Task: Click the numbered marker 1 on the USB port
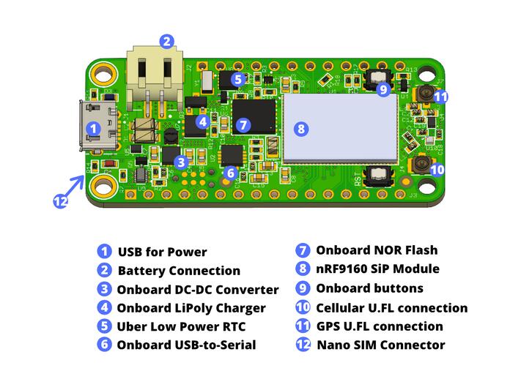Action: (x=93, y=127)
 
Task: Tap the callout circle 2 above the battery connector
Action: (x=167, y=41)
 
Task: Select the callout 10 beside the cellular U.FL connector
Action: (x=437, y=170)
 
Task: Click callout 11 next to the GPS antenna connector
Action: (x=440, y=96)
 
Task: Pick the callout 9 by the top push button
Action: (x=383, y=89)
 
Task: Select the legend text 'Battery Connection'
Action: (x=179, y=271)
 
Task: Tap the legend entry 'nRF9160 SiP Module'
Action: (x=377, y=269)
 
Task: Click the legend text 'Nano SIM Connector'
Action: (x=380, y=345)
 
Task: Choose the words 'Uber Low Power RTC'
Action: (x=181, y=326)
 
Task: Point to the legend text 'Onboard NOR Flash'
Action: (x=376, y=250)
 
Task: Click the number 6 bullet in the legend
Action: (x=104, y=345)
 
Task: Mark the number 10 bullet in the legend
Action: (x=303, y=307)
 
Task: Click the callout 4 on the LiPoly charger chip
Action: (x=203, y=121)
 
